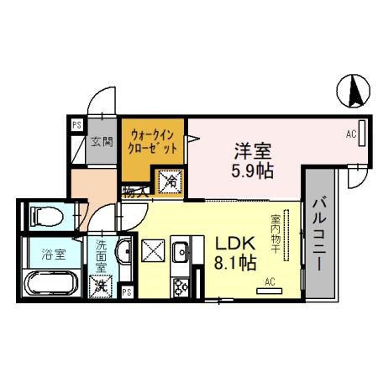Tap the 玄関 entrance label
(x=102, y=141)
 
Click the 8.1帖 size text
(x=236, y=262)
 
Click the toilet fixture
(x=44, y=217)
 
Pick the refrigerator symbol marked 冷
(x=170, y=180)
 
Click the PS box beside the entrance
(x=76, y=126)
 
